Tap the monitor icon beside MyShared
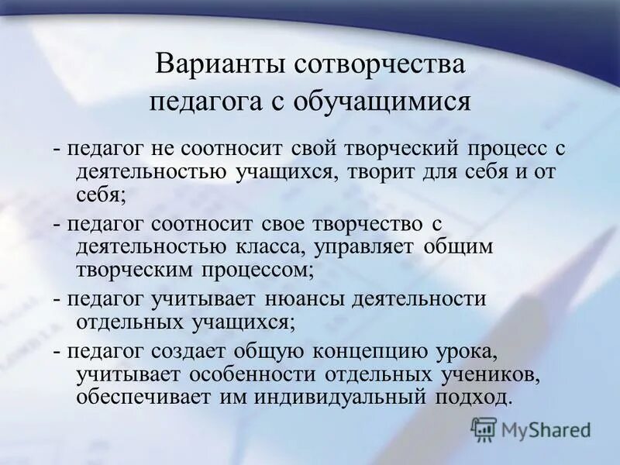[484, 429]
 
